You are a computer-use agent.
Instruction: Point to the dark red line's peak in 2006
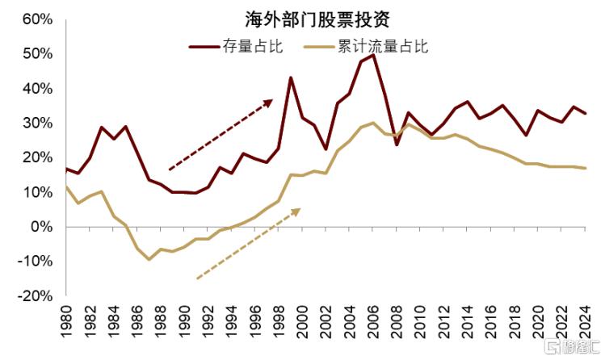(x=373, y=55)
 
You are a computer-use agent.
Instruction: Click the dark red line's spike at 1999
(x=291, y=77)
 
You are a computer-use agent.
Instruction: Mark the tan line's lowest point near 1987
(x=149, y=259)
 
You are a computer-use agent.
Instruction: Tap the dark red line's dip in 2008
(x=397, y=144)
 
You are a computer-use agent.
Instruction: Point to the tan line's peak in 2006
(x=373, y=123)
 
